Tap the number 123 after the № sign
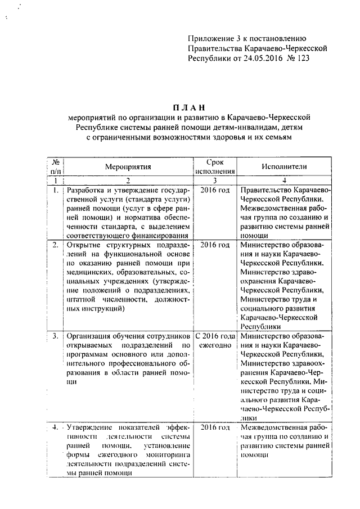pos(301,58)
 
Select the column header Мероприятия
pos(129,167)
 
